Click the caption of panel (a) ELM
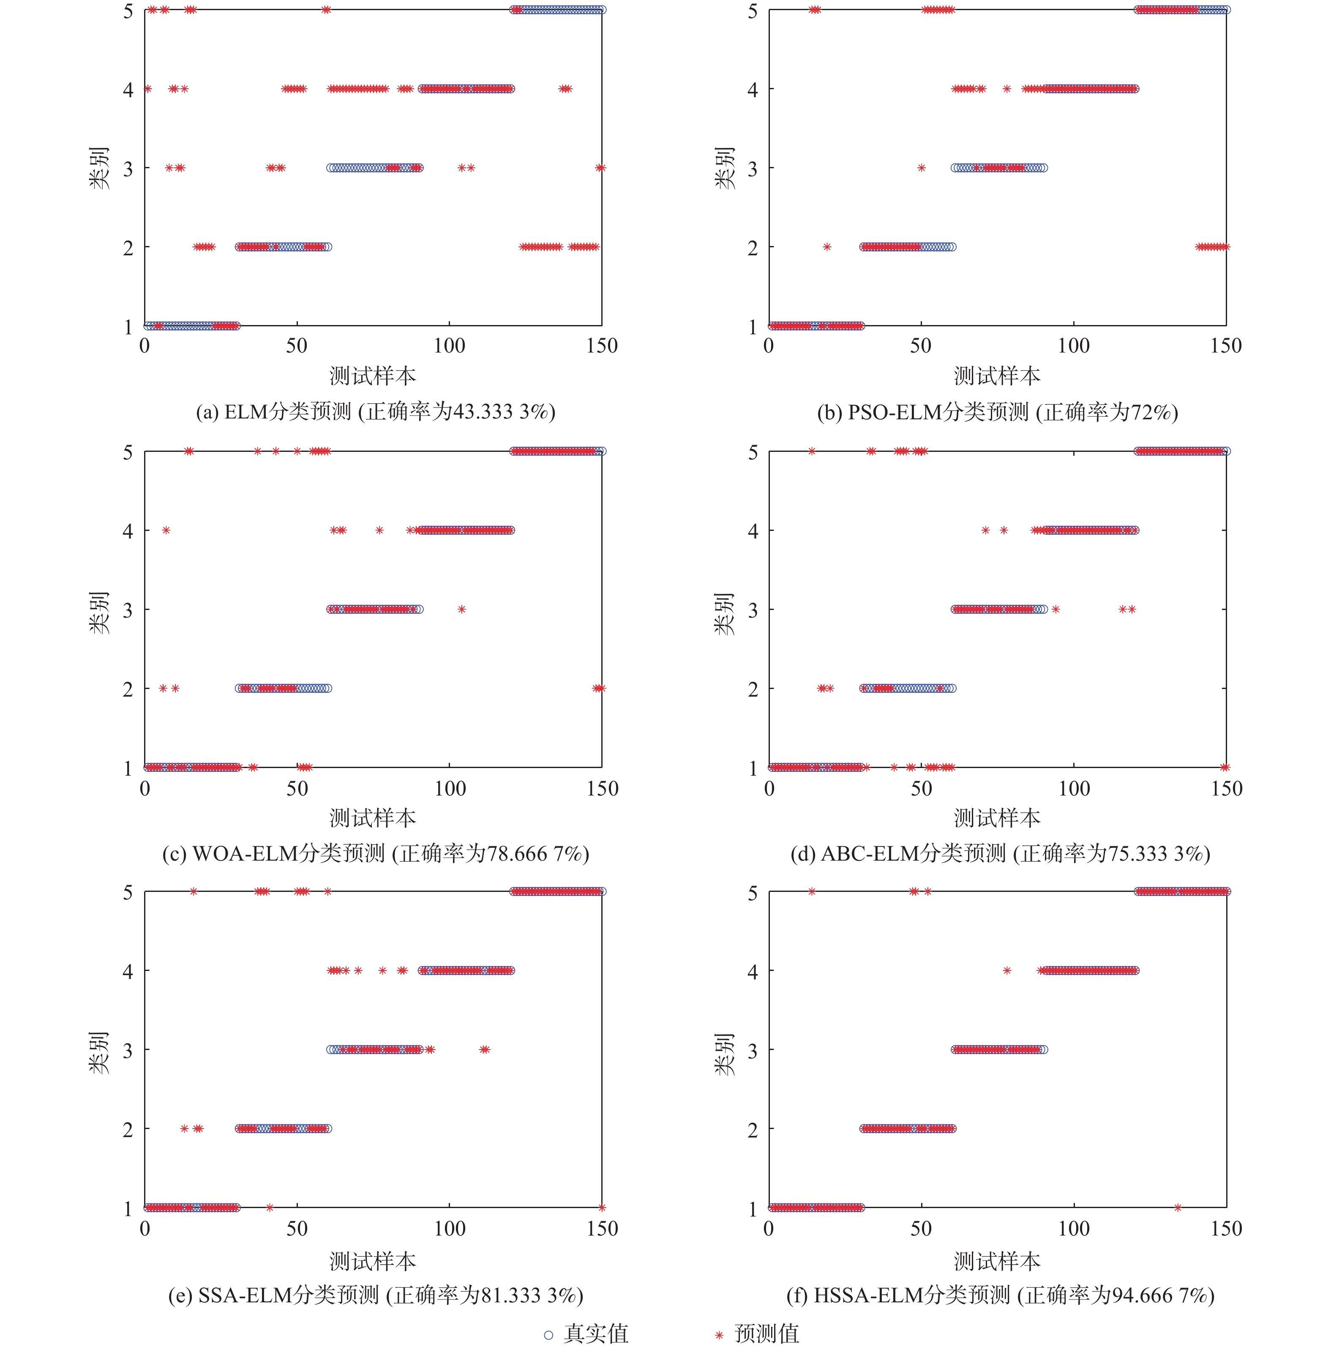(375, 412)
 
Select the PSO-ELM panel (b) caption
(998, 412)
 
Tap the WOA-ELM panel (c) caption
(375, 853)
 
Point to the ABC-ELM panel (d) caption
(1000, 853)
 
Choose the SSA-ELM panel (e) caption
(375, 1295)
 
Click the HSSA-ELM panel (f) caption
(1000, 1295)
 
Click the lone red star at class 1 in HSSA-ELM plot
(1178, 1208)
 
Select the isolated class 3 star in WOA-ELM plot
(462, 609)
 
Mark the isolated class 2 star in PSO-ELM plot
(826, 247)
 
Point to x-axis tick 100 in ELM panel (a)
(449, 346)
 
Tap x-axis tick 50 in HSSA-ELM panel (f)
(921, 1229)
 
